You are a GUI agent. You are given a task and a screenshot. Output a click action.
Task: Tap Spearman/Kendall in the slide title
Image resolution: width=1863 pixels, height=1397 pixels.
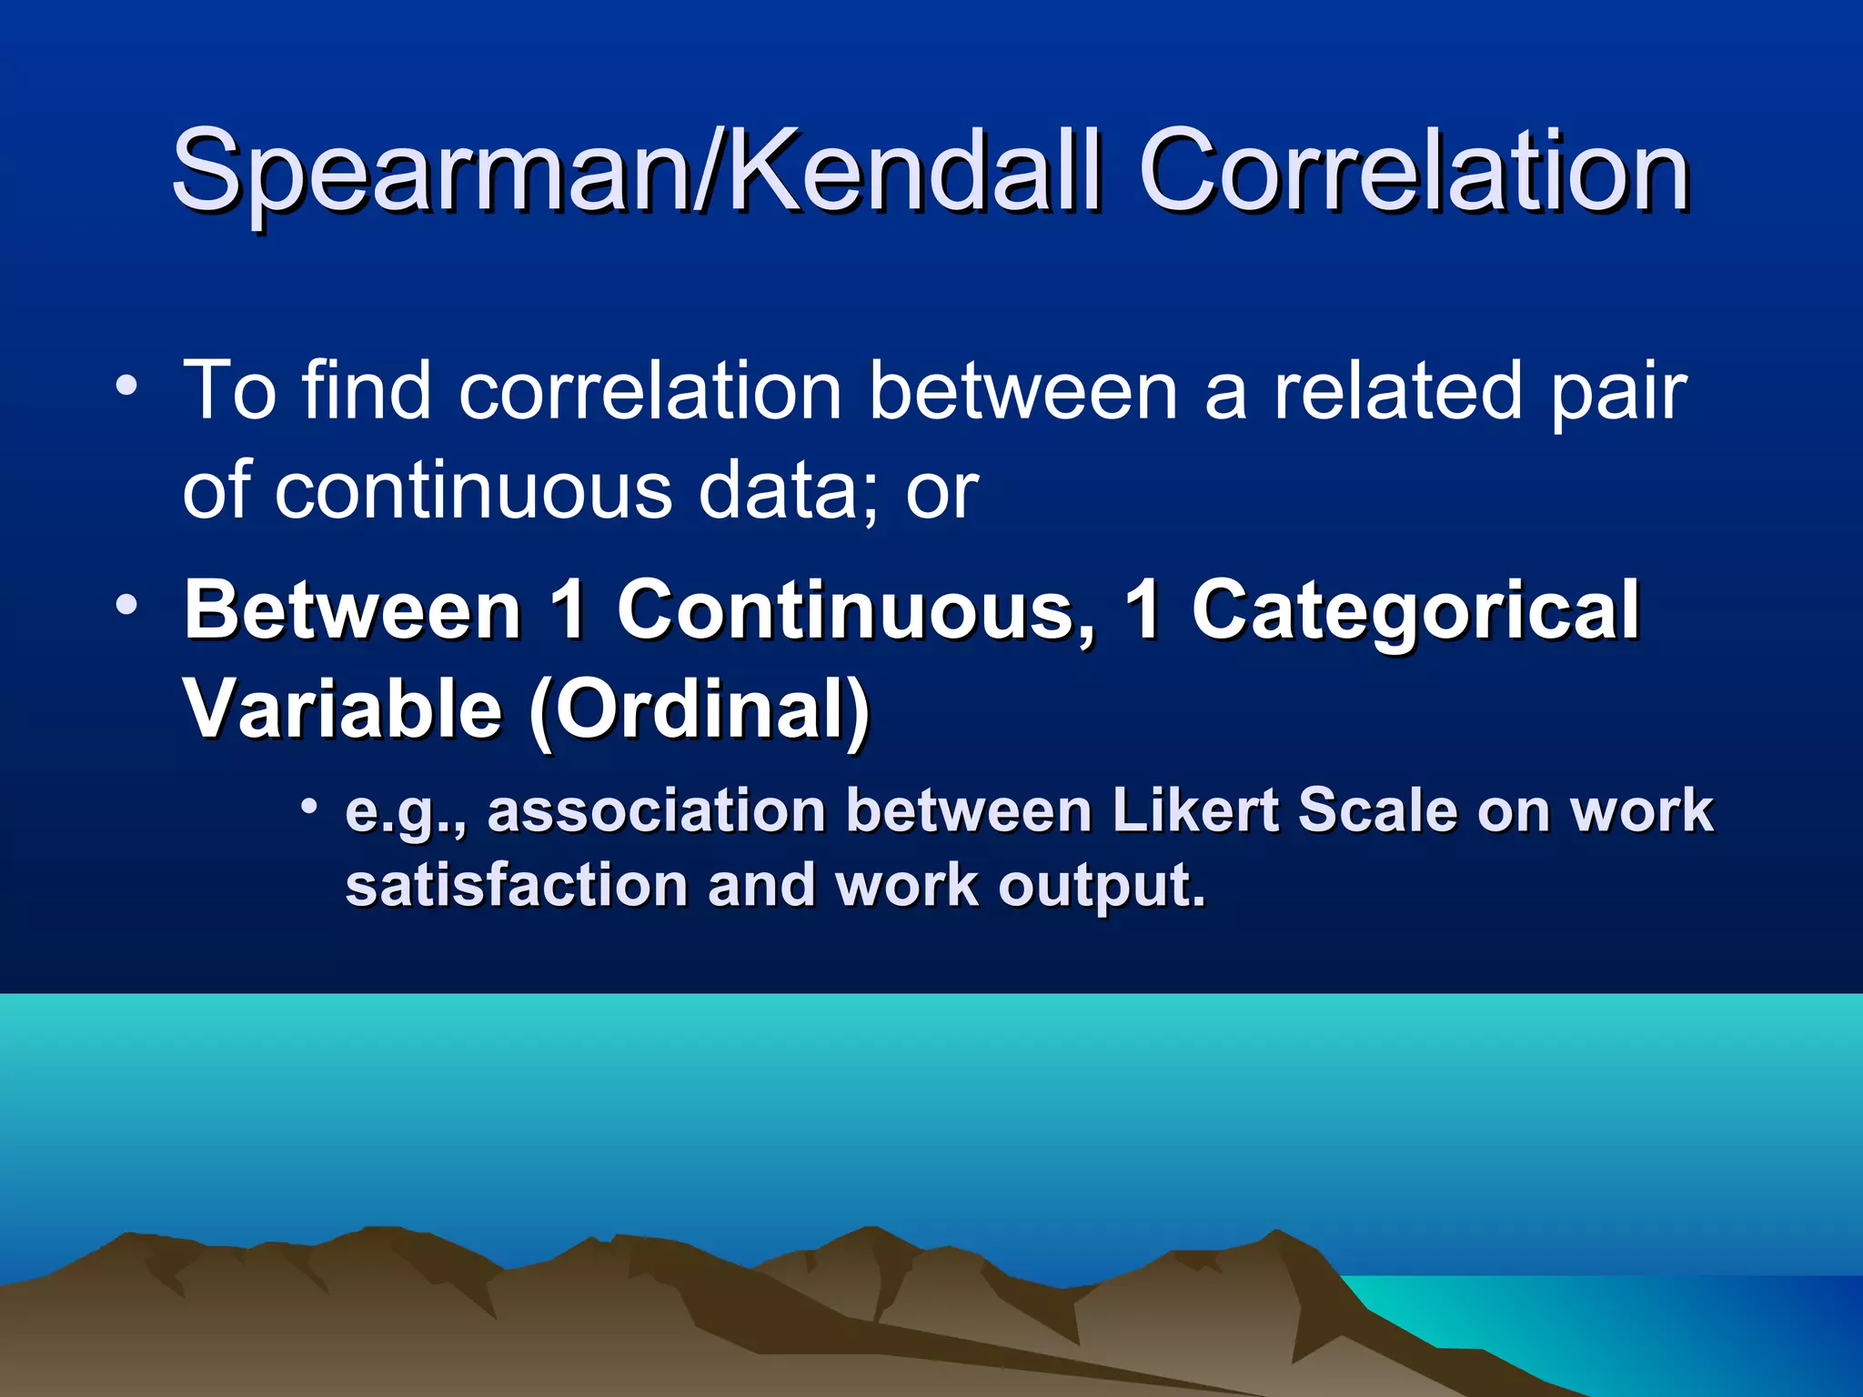pyautogui.click(x=637, y=173)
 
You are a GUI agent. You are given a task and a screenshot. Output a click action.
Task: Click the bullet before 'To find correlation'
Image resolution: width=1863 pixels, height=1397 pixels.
pyautogui.click(x=126, y=387)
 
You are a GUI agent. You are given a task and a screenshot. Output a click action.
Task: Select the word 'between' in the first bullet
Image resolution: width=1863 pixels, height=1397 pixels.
pyautogui.click(x=1022, y=391)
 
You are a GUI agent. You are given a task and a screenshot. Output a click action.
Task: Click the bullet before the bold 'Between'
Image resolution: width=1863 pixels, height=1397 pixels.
pyautogui.click(x=126, y=604)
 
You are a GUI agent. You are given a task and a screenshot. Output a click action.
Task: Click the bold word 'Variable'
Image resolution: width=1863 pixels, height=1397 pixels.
pyautogui.click(x=343, y=709)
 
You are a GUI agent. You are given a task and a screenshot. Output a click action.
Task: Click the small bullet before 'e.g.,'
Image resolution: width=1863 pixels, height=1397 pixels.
pyautogui.click(x=310, y=805)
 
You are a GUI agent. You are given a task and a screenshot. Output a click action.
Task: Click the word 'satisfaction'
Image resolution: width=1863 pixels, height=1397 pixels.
pyautogui.click(x=517, y=885)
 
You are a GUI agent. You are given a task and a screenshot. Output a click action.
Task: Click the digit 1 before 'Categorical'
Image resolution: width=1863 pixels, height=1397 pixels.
pyautogui.click(x=1143, y=609)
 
